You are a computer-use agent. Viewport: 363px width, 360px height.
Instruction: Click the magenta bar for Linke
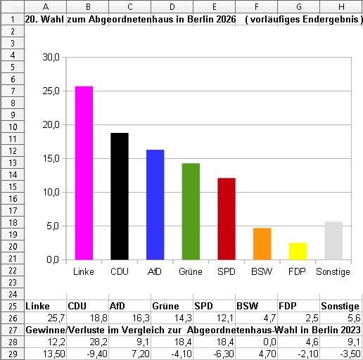tap(84, 173)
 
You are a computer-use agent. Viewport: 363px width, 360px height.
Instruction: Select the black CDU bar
tap(120, 196)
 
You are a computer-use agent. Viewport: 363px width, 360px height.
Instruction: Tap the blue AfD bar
tap(155, 205)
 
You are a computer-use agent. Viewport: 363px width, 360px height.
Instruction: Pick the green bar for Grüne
tap(191, 212)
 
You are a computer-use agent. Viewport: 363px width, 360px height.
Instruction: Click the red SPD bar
tap(227, 219)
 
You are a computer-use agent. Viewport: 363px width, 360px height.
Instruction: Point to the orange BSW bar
tap(262, 244)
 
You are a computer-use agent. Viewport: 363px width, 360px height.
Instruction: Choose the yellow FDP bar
tap(298, 251)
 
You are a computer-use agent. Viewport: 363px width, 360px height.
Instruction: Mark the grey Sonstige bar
tap(333, 240)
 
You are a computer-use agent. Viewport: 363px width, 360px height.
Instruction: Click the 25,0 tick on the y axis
tap(51, 91)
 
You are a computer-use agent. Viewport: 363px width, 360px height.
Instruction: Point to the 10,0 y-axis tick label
tap(51, 193)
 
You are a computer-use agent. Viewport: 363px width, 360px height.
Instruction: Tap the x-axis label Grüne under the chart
tap(191, 271)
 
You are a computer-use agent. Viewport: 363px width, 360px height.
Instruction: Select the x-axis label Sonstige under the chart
tap(333, 272)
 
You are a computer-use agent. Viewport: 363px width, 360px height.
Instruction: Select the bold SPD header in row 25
tap(203, 306)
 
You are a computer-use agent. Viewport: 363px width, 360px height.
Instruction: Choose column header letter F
tap(257, 7)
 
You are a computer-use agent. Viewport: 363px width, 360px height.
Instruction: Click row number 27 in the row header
tap(13, 330)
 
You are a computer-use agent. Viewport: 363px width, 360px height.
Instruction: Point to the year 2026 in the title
tap(226, 19)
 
